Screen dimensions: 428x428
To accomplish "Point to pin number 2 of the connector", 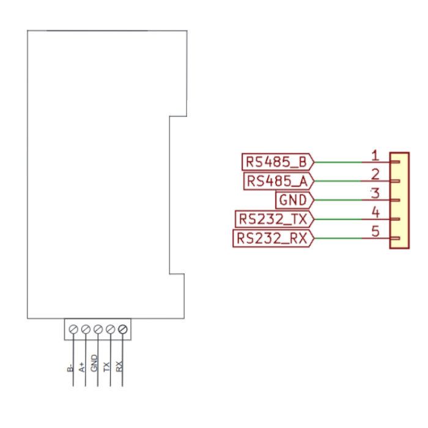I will click(x=377, y=174).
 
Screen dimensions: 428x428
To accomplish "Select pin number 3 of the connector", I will click(x=377, y=193).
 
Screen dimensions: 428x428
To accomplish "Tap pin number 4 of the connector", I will click(x=377, y=213).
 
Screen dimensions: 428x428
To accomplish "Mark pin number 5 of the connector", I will click(x=377, y=232).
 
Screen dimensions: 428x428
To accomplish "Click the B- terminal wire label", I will click(x=70, y=368).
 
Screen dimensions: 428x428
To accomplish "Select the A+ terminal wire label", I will click(x=82, y=368).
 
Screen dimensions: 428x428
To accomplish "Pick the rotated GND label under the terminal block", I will click(x=94, y=364).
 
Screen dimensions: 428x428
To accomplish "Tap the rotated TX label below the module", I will click(x=107, y=367).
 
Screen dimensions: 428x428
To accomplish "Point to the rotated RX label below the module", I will click(x=120, y=367).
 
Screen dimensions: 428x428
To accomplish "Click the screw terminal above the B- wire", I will click(x=73, y=330).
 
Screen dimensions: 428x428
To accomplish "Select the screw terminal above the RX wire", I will click(x=123, y=330).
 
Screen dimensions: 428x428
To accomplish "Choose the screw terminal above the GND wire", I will click(x=98, y=330).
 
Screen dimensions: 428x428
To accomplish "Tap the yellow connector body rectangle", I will click(x=399, y=201).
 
